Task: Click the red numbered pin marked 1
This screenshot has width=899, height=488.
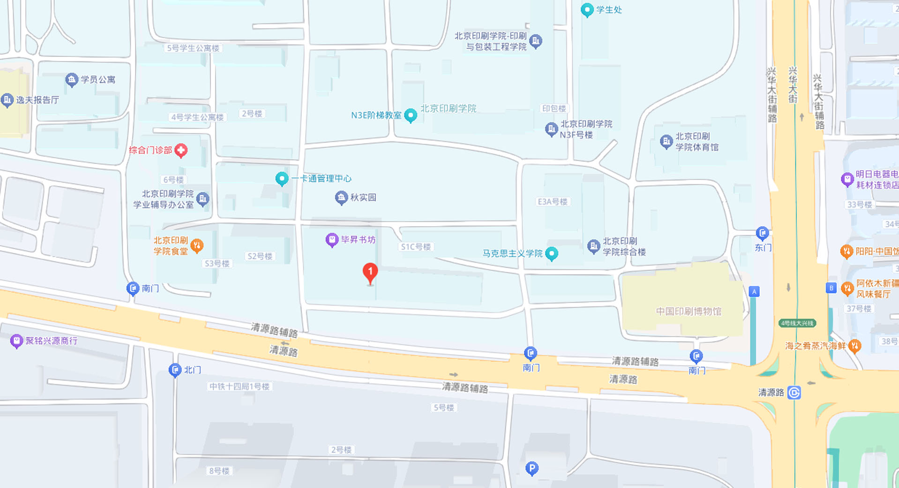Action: click(370, 272)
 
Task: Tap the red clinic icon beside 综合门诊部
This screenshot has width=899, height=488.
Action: click(181, 150)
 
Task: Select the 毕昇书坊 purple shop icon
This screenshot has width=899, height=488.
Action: click(332, 240)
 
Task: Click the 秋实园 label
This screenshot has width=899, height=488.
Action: click(363, 198)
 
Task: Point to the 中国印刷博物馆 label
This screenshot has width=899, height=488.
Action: click(688, 311)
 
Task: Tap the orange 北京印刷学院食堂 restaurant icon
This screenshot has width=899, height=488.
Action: click(197, 245)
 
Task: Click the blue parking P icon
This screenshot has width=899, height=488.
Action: click(532, 468)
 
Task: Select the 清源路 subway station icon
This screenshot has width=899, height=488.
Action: click(794, 392)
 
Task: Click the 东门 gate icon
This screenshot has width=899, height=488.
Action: click(762, 233)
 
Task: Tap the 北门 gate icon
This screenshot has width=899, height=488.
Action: click(175, 370)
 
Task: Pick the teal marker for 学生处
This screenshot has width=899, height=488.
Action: click(587, 9)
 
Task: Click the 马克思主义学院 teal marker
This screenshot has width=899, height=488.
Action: click(552, 253)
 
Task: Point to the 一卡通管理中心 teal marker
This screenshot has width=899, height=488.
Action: click(282, 178)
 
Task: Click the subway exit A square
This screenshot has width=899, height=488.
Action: click(754, 291)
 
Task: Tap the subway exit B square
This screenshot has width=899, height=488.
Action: click(831, 288)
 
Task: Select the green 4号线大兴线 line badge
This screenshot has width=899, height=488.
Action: click(797, 323)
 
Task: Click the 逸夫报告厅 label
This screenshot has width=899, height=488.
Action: click(37, 100)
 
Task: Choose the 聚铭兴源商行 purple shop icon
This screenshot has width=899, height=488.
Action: click(16, 341)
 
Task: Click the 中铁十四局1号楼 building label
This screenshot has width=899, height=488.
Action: click(239, 386)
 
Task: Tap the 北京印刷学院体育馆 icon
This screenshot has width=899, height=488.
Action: click(666, 141)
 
